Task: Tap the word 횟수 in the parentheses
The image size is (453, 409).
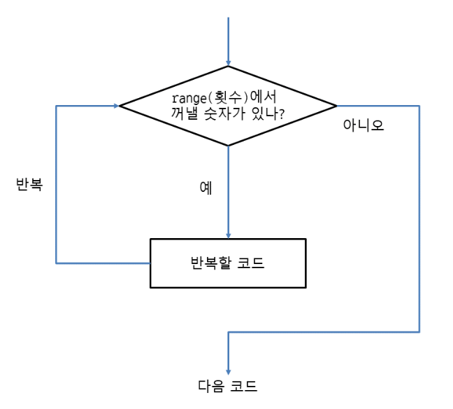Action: [x=221, y=98]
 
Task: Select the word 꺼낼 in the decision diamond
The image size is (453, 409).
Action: [x=182, y=113]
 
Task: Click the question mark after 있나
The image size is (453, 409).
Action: [x=280, y=113]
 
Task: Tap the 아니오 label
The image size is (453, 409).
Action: [x=364, y=126]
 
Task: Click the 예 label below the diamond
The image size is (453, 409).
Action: [x=206, y=188]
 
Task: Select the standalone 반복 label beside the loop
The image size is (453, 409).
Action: [x=29, y=184]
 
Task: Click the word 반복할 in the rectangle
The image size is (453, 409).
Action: [x=208, y=263]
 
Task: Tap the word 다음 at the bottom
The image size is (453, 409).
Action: [x=211, y=386]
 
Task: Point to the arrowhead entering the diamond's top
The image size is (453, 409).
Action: [x=228, y=62]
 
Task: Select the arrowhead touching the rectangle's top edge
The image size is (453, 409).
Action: [x=228, y=235]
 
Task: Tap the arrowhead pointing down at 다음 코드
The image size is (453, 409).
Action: [x=228, y=371]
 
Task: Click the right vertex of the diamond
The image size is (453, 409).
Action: [x=336, y=106]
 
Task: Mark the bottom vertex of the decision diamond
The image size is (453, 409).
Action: [x=228, y=146]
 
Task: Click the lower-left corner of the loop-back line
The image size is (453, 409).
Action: [x=56, y=263]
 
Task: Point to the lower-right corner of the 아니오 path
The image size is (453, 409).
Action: [x=419, y=332]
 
